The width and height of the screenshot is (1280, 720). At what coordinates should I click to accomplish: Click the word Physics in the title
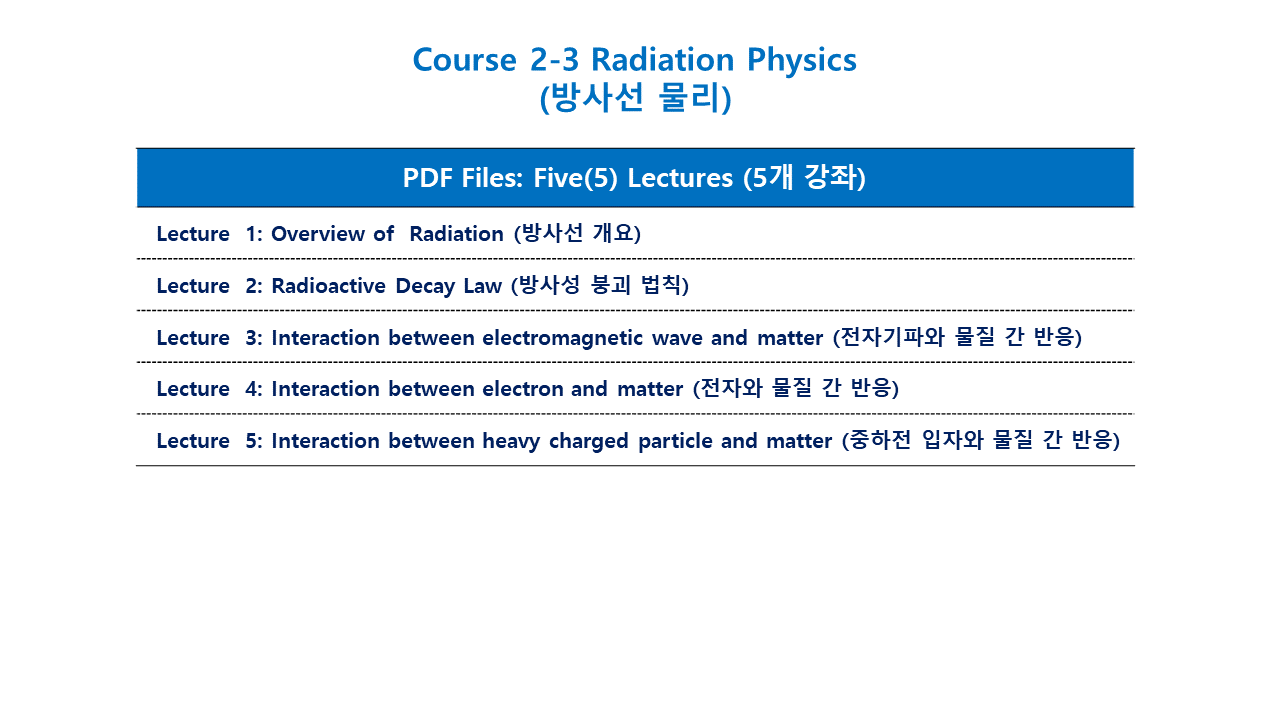coord(801,61)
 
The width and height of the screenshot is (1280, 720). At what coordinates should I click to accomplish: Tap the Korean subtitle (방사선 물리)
coord(635,98)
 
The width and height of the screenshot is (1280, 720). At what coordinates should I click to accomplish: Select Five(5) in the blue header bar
coord(575,178)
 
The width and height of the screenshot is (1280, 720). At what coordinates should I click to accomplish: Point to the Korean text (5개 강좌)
coord(805,177)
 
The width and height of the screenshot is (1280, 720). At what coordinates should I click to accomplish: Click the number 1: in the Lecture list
coord(254,234)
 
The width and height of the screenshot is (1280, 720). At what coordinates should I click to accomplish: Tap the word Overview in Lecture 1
coord(318,234)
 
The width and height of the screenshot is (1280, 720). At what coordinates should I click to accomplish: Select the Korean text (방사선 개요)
coord(577,233)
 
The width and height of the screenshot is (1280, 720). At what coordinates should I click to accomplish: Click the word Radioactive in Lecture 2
coord(328,286)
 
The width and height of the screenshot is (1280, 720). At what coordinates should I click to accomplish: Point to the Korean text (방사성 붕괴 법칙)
coord(600,285)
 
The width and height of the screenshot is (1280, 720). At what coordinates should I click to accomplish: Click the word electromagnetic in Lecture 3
coord(562,339)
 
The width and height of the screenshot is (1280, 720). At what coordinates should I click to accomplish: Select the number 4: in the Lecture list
coord(254,389)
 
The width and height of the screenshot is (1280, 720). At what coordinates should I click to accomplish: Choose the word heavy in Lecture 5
coord(511,442)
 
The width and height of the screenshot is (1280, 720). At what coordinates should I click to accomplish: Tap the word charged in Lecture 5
coord(589,442)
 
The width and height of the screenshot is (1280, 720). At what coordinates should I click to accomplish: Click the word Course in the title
coord(465,60)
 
